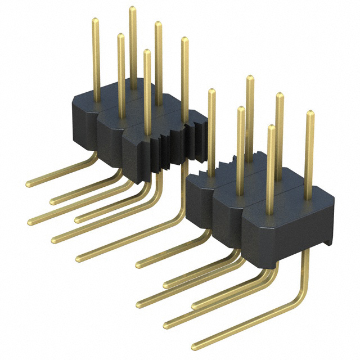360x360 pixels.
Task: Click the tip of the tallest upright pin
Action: click(x=133, y=9)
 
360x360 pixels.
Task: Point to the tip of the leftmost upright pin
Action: click(x=96, y=21)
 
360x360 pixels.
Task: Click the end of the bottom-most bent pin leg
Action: click(x=195, y=345)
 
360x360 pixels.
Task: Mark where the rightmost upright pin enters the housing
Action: click(x=309, y=199)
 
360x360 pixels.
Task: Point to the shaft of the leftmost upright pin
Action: click(x=96, y=62)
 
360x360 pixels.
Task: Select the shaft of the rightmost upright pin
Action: click(x=309, y=157)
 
